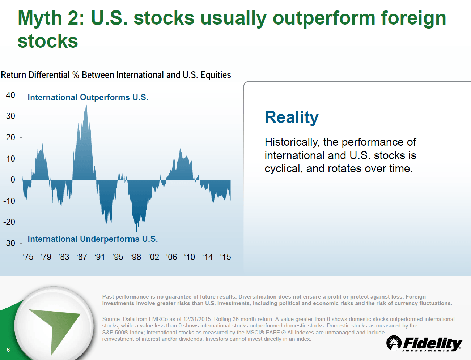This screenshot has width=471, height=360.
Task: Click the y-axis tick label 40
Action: [x=10, y=95]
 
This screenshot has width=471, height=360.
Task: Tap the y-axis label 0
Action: [x=13, y=180]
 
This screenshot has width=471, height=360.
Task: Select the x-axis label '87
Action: [x=82, y=257]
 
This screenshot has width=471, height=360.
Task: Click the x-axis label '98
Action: [x=136, y=257]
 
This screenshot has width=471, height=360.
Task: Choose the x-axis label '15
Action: [x=225, y=257]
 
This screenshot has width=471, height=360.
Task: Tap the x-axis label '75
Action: [x=28, y=257]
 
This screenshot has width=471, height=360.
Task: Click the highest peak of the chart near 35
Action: [x=86, y=105]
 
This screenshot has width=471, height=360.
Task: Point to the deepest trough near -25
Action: [x=137, y=232]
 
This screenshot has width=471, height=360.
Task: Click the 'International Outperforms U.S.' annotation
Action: [x=88, y=97]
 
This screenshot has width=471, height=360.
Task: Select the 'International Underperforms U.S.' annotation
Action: [x=93, y=239]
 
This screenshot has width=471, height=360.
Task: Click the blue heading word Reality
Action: [x=292, y=117]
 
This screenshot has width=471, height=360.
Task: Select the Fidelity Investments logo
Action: [x=424, y=343]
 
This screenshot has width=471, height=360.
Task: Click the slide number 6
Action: [x=8, y=350]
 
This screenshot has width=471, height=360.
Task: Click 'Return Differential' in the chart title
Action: [x=35, y=75]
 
